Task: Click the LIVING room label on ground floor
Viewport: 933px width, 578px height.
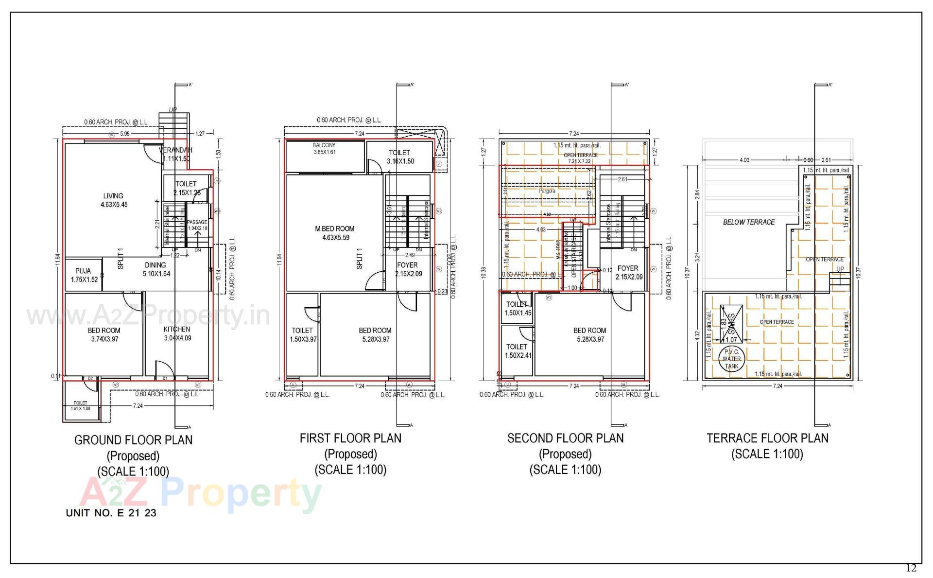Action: click(113, 196)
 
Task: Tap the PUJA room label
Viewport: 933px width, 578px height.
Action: click(83, 271)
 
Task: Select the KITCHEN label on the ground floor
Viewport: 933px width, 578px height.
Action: click(177, 329)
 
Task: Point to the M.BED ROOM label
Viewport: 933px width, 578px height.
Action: click(335, 228)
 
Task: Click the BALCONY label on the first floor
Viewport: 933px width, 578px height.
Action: click(324, 145)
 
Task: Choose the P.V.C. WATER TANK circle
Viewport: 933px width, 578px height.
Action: click(731, 359)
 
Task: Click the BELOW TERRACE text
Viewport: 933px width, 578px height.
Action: click(749, 222)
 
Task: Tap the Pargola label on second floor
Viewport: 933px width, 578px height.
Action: click(547, 191)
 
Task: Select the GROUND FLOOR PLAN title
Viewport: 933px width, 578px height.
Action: click(133, 440)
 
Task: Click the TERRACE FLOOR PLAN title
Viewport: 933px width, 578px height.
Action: click(767, 438)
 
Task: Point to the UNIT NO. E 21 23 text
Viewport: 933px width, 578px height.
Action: click(111, 513)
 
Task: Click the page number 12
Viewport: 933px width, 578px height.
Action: click(911, 568)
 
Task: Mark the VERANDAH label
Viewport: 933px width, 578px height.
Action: click(176, 150)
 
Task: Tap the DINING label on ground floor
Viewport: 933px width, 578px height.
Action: click(155, 265)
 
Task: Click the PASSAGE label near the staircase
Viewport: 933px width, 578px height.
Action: click(197, 222)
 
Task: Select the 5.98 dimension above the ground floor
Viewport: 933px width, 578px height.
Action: click(125, 134)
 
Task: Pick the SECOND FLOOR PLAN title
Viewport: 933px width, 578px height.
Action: click(565, 438)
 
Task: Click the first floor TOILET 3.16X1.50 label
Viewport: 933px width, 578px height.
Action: click(399, 153)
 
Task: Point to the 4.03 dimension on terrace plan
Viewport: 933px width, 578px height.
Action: click(744, 160)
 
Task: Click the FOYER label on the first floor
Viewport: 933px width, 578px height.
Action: click(407, 265)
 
